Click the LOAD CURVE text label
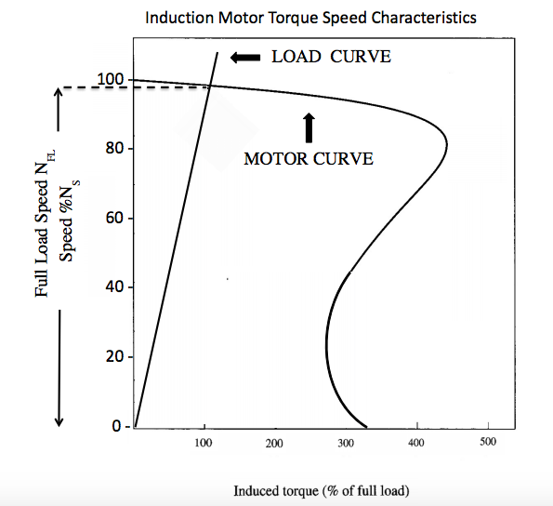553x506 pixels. tap(331, 58)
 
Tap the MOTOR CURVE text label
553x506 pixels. tap(308, 159)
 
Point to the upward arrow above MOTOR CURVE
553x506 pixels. tap(309, 126)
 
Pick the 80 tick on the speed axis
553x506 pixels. tap(117, 149)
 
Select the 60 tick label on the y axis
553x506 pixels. tap(117, 219)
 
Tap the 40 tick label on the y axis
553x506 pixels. tap(117, 287)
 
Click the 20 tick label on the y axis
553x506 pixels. tap(117, 357)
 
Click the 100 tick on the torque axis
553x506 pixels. tap(204, 443)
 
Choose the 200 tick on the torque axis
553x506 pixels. tap(275, 444)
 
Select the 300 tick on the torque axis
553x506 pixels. tap(346, 444)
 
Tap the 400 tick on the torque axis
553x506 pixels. tap(416, 443)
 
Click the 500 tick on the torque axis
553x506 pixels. tap(488, 442)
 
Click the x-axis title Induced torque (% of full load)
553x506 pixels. tap(321, 490)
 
